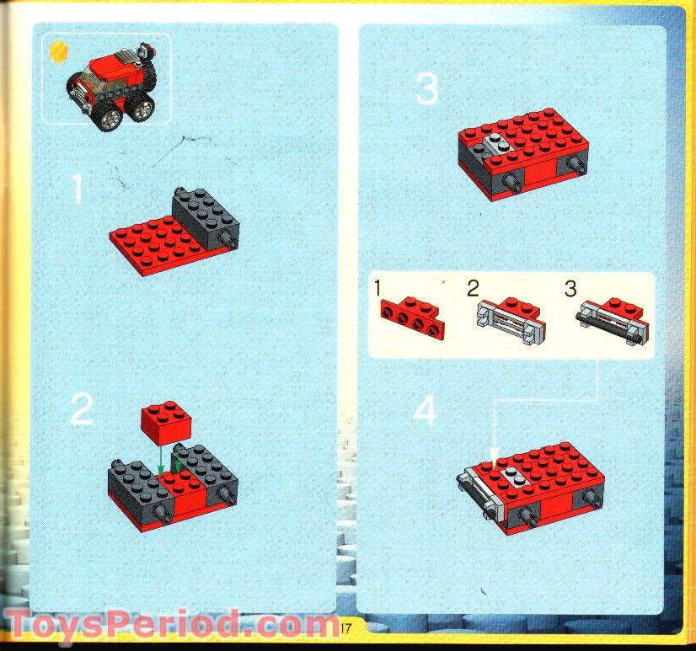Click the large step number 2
coord(82,409)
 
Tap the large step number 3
coord(426,89)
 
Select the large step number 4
coord(426,412)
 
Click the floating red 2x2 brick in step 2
coord(163,421)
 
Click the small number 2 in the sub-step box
coord(474,289)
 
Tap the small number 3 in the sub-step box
coord(570,289)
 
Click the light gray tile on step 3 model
coord(496,143)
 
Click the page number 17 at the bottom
coord(345,627)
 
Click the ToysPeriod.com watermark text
coord(169,625)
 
